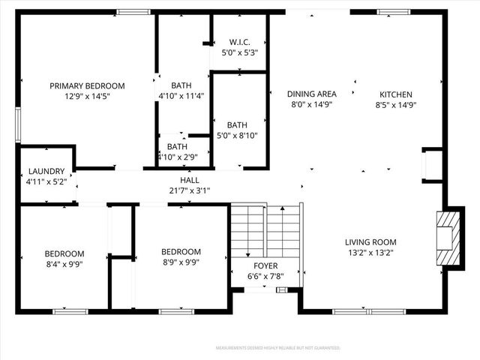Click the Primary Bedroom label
point(87,85)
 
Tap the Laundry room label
point(46,171)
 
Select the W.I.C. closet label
point(239,42)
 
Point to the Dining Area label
point(311,94)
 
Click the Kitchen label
point(395,94)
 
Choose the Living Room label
point(370,241)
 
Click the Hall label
point(190,180)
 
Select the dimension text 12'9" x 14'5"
point(87,96)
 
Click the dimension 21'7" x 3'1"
point(190,190)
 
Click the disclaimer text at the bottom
point(277,348)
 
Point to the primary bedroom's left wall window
point(17,124)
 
